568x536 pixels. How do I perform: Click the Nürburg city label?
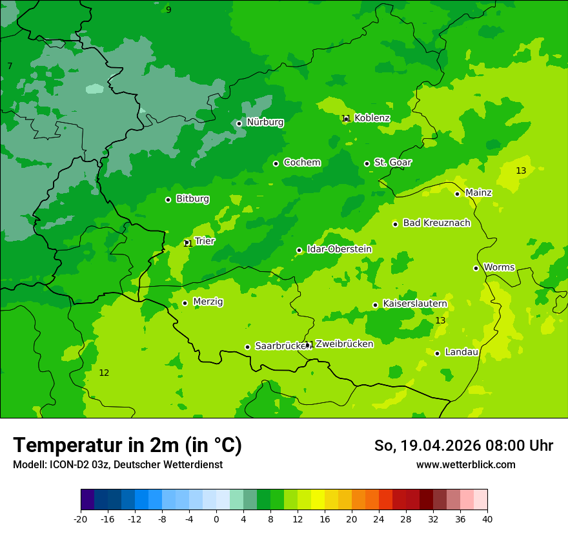point(265,122)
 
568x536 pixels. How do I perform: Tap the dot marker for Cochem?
point(276,163)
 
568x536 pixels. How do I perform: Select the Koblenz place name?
point(372,118)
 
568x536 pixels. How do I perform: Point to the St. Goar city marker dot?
point(367,163)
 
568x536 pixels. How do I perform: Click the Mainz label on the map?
point(478,192)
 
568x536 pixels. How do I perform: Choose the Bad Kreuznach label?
point(436,223)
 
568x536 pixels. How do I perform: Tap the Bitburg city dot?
point(168,200)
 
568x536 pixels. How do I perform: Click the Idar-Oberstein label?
point(340,249)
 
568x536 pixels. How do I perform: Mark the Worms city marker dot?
point(476,268)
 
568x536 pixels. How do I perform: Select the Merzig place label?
point(208,302)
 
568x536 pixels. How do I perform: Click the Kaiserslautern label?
point(414,304)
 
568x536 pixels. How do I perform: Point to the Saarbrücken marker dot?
point(247,347)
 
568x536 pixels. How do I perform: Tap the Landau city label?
point(462,352)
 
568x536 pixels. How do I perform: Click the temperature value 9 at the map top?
point(168,10)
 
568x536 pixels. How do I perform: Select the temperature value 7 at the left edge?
point(10,67)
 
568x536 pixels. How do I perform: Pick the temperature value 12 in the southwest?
point(104,373)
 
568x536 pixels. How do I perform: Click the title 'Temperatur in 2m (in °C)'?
point(127,445)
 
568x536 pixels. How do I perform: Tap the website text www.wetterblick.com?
point(465,464)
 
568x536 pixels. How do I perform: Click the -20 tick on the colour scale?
point(81,519)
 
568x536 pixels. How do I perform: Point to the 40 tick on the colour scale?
point(487,519)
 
